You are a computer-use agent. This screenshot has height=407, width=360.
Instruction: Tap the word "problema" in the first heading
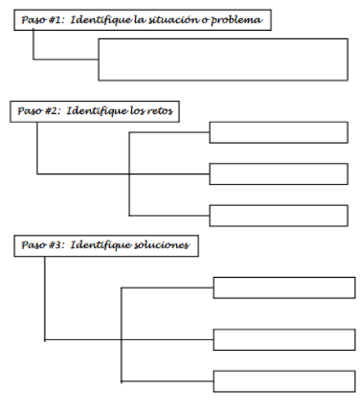[x=236, y=20]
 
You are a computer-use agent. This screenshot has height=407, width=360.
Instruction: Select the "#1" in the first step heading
[x=56, y=19]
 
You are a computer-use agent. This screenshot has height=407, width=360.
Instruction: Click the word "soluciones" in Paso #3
[x=162, y=245]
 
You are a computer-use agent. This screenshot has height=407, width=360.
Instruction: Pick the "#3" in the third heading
[x=56, y=245]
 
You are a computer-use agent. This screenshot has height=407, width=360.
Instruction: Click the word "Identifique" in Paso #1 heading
[x=101, y=20]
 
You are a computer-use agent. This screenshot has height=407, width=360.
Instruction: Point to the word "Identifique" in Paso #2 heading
[x=97, y=111]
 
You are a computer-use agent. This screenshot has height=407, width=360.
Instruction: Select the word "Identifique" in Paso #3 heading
[x=101, y=246]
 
